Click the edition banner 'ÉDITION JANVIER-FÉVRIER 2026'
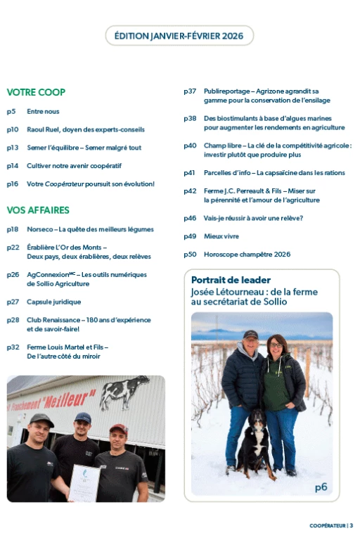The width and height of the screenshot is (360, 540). coord(179,35)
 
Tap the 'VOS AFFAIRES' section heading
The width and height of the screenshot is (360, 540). coord(38,210)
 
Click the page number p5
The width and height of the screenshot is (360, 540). coord(11,111)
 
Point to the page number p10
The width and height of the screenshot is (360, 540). coord(13,129)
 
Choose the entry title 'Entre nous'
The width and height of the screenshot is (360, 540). coord(43,111)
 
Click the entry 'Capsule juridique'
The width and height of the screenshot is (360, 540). coord(53,302)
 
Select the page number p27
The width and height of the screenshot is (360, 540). coord(13,302)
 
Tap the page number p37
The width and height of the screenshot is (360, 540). coord(190,92)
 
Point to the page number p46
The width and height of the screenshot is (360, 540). coord(190,218)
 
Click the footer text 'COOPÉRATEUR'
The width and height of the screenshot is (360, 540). coord(327,525)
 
